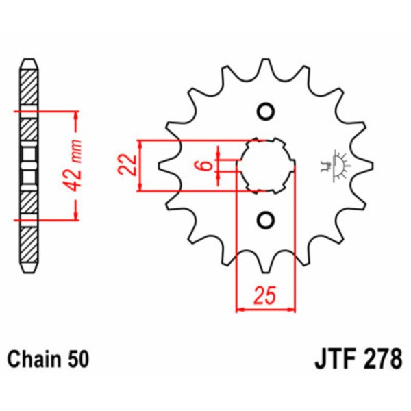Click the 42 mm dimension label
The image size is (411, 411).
click(76, 164)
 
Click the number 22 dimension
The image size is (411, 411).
click(125, 165)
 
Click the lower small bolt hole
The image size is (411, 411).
click(265, 219)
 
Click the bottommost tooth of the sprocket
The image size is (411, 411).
click(265, 264)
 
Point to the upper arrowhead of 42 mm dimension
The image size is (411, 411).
click(76, 114)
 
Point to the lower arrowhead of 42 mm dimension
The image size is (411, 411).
click(76, 216)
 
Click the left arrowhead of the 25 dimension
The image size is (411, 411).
click(240, 310)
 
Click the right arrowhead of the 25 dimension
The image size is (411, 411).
click(290, 310)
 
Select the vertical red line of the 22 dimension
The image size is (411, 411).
click(140, 166)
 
